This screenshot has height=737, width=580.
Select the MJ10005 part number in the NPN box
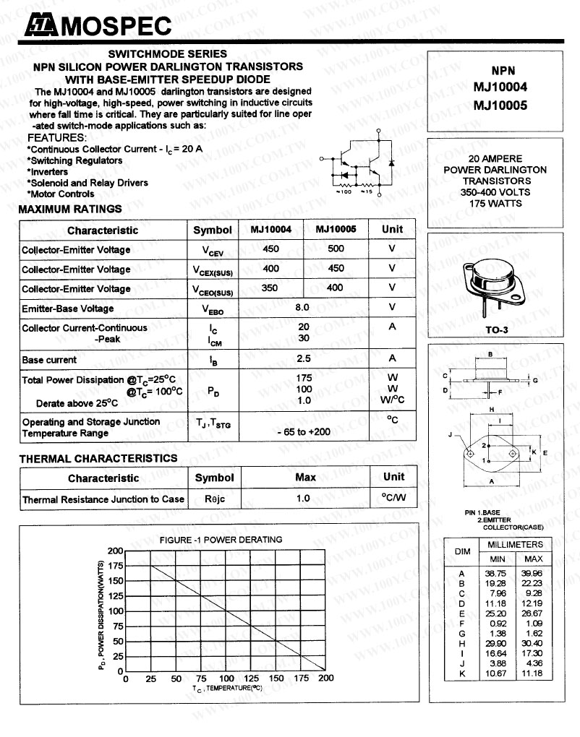(x=499, y=105)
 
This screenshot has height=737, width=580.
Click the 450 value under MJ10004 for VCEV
(x=270, y=249)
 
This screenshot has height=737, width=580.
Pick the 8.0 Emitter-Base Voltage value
(x=302, y=308)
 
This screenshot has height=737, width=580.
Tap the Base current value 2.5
(x=303, y=358)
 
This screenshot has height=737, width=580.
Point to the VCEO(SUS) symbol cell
(x=213, y=289)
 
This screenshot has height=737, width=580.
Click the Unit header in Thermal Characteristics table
(x=393, y=477)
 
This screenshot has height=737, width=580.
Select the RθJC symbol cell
(x=214, y=499)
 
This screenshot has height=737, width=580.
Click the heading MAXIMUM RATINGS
(x=70, y=210)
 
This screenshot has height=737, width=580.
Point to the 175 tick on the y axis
(x=115, y=566)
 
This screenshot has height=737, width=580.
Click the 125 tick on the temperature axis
(x=251, y=679)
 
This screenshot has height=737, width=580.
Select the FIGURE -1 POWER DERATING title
(x=221, y=540)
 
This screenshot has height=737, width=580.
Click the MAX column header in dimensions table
(x=533, y=559)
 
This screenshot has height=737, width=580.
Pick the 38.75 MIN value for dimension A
(x=497, y=574)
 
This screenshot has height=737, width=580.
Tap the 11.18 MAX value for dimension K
(x=533, y=673)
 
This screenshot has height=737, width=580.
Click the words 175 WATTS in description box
(x=496, y=203)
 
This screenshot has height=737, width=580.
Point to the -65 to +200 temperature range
(x=304, y=431)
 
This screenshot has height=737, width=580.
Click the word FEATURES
(x=56, y=138)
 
